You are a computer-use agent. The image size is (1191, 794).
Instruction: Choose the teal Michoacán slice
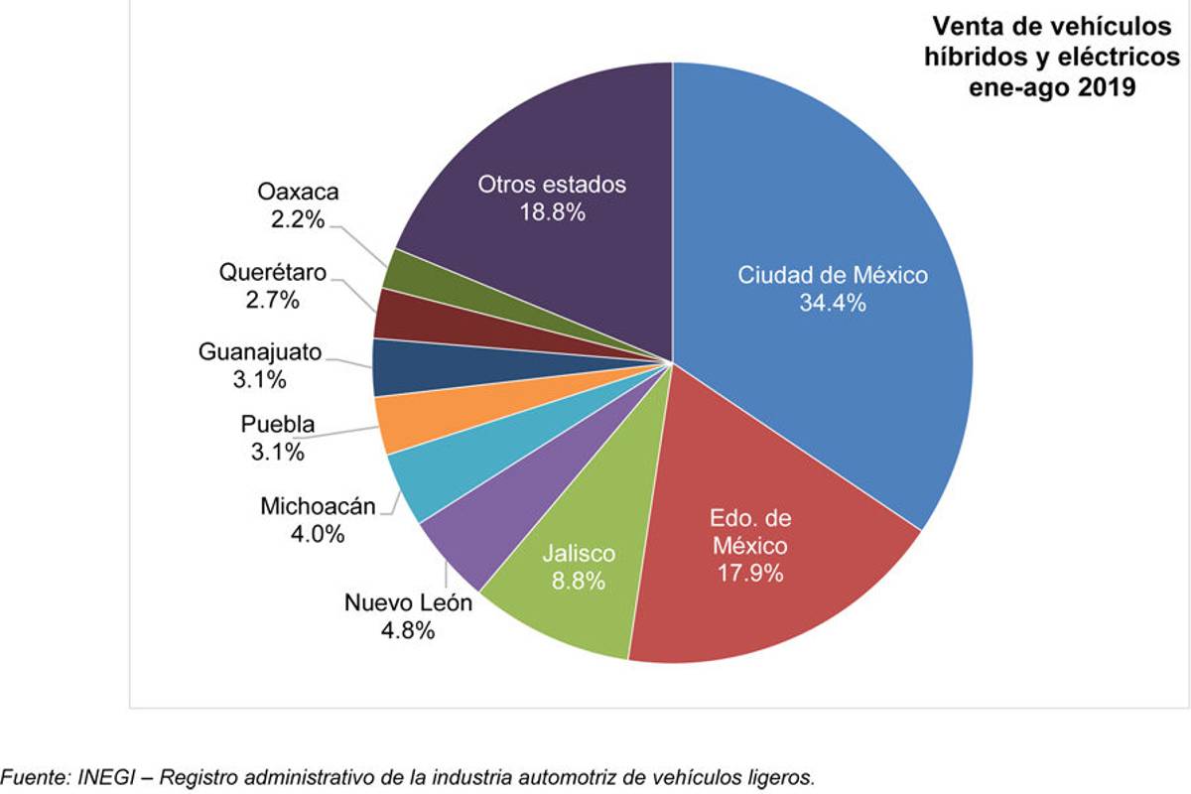point(417,481)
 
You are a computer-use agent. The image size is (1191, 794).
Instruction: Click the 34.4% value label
point(833,304)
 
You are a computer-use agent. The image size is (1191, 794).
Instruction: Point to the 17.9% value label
point(749,573)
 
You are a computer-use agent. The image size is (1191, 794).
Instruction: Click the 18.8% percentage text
point(552,212)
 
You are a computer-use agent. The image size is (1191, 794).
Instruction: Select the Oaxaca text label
point(297,191)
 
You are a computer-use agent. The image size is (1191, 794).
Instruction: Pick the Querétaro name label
point(272,272)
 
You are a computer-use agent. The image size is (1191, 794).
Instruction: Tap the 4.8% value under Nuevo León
point(408,630)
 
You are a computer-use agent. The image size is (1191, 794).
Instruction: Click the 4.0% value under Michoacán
point(318,534)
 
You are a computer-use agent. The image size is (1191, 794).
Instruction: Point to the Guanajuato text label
point(259,351)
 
